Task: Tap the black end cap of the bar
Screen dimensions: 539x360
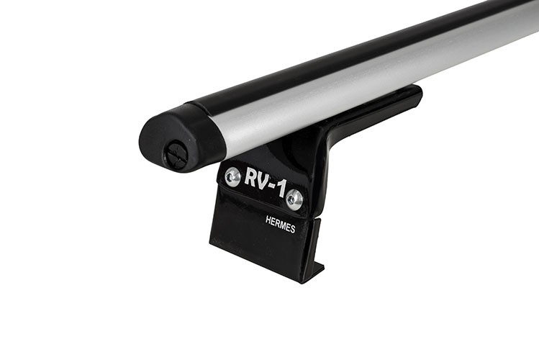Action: pyautogui.click(x=178, y=138)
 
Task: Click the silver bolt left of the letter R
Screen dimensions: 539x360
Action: pyautogui.click(x=232, y=177)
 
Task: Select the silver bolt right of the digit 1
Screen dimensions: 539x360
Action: pyautogui.click(x=294, y=199)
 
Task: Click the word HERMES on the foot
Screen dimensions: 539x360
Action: pyautogui.click(x=280, y=224)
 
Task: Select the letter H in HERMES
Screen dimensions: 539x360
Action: pyautogui.click(x=268, y=220)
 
